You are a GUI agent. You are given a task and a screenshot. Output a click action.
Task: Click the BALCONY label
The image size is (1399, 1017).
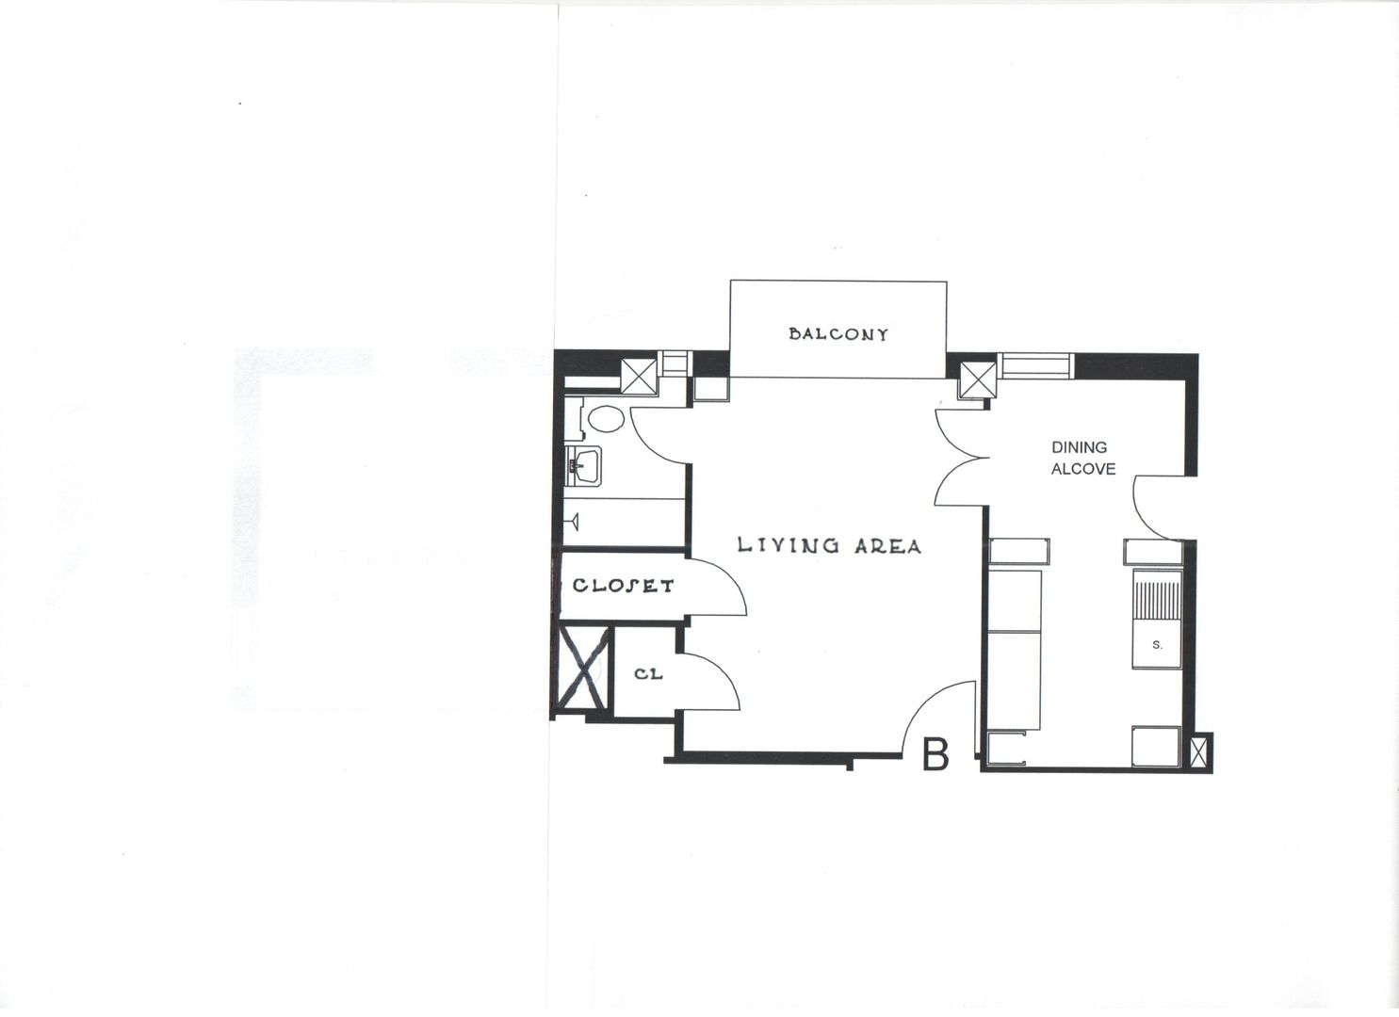tap(838, 334)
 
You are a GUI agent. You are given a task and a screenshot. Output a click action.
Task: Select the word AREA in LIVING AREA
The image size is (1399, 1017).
tap(887, 546)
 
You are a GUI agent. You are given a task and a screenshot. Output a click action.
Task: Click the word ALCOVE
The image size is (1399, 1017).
tap(1083, 469)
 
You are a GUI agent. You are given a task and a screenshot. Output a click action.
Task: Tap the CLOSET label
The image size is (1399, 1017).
tap(624, 586)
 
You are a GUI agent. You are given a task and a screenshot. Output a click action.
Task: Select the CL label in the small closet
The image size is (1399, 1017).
tap(648, 674)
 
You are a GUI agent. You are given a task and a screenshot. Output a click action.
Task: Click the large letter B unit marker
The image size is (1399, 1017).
tap(935, 753)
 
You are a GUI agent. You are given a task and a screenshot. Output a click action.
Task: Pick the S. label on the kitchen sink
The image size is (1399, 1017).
tap(1157, 646)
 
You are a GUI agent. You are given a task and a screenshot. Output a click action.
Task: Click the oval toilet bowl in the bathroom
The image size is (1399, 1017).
tap(606, 418)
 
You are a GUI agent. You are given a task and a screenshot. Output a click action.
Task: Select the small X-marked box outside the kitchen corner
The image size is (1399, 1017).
tap(1199, 753)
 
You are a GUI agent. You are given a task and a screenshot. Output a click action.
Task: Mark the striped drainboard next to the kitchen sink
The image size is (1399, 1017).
tap(1157, 599)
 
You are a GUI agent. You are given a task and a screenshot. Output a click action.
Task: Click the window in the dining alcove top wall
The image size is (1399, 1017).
tap(1035, 366)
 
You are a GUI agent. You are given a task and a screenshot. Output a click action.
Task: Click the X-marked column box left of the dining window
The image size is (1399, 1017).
tap(979, 379)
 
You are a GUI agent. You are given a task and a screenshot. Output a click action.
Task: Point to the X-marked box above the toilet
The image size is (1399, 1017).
tap(639, 376)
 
